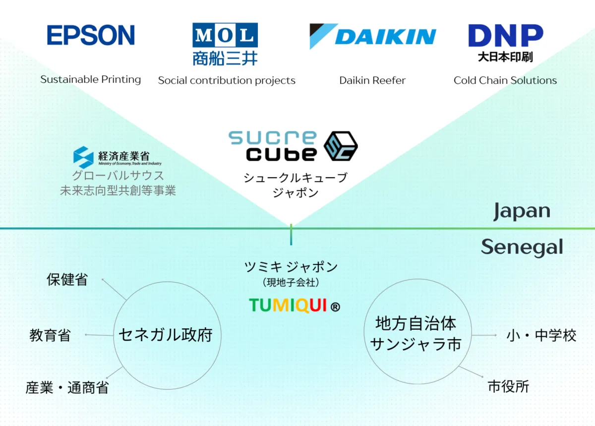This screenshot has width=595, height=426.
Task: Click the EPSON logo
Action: (x=91, y=35)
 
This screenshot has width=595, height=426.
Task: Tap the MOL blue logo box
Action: (x=225, y=35)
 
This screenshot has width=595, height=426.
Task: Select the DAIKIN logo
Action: (x=373, y=36)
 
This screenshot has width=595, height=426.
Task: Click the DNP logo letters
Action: (x=506, y=35)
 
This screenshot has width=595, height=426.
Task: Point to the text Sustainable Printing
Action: (x=91, y=79)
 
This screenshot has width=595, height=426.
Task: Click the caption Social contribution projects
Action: (x=227, y=80)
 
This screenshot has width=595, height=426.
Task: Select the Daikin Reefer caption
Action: (x=372, y=80)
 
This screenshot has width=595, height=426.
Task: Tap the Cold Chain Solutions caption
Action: (x=505, y=80)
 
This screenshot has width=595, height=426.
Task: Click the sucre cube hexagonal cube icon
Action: (x=341, y=146)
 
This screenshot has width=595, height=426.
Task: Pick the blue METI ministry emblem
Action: (x=83, y=157)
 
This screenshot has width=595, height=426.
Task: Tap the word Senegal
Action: (x=522, y=247)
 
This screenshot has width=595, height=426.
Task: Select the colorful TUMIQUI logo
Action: (x=295, y=305)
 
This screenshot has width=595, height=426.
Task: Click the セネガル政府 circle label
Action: (x=166, y=335)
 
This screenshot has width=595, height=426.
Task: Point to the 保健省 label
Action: (x=67, y=280)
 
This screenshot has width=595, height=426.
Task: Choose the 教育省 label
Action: (x=50, y=335)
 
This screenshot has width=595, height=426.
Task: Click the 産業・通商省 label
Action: (x=67, y=387)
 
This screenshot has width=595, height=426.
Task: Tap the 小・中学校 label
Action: (x=541, y=335)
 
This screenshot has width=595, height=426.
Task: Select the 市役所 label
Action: (x=508, y=387)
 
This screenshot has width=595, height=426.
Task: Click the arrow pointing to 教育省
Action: (x=99, y=335)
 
